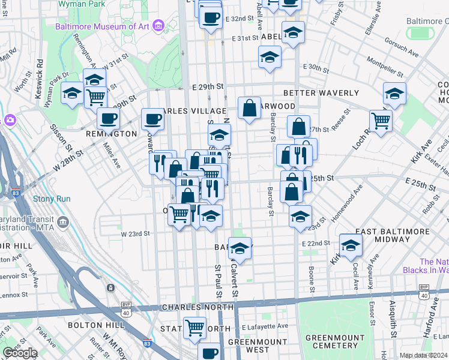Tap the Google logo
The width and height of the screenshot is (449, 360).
click(x=20, y=352)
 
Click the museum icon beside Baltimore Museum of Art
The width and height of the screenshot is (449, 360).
click(x=158, y=25)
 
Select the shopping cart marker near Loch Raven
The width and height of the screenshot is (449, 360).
click(x=381, y=121)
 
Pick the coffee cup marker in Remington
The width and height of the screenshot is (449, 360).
click(x=108, y=118)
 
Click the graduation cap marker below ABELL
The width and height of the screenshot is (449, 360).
click(x=270, y=58)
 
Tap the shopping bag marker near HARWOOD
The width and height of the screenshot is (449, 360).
click(x=250, y=108)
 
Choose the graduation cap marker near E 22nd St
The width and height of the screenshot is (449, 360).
click(x=351, y=245)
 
